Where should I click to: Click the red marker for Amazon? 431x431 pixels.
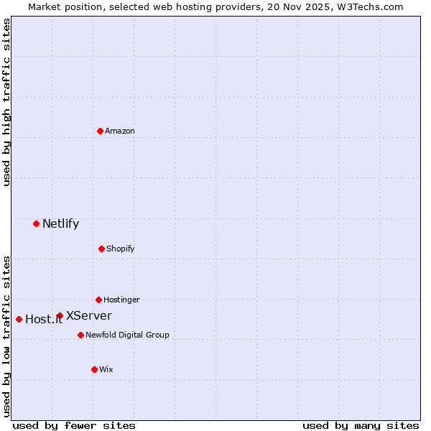pos(100,131)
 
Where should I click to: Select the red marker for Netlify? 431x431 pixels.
pos(36,223)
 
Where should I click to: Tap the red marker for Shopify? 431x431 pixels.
pos(101,249)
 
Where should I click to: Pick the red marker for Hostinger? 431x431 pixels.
pos(98,300)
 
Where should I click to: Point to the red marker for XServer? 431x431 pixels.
pos(60,315)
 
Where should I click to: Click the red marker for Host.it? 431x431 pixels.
pos(19,319)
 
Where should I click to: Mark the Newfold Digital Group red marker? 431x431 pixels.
pos(80,335)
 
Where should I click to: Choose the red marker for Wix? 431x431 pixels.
pos(94,369)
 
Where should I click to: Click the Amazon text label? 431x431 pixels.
pos(120,131)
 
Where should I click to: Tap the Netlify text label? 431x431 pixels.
pos(60,223)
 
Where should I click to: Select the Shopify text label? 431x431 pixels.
pos(121,249)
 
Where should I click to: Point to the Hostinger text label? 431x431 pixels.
pos(121,300)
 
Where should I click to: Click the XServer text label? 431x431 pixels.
pos(89,315)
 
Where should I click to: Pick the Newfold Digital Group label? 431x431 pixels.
pos(127,335)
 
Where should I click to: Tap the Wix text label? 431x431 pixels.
pos(106,369)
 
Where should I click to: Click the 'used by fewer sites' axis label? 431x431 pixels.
pos(73,425)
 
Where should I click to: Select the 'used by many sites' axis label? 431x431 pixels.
pos(361,425)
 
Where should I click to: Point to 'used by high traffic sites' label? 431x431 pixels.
pos(6,102)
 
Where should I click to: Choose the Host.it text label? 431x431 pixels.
pos(44,320)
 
